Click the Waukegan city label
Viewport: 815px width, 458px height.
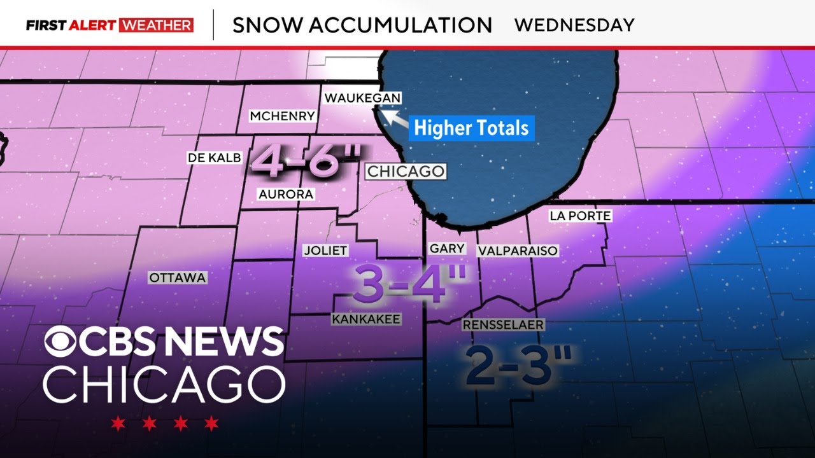[x=362, y=98]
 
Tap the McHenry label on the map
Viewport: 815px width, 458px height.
[x=282, y=116]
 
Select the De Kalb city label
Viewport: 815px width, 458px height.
[x=215, y=158]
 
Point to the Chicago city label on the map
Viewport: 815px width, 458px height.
[x=405, y=171]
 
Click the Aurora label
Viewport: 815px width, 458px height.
[x=286, y=195]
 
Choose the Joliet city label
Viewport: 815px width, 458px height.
[x=325, y=250]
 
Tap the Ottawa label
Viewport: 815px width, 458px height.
[x=178, y=277]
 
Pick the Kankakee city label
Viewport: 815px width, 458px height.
[x=366, y=319]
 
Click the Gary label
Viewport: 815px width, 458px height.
[x=448, y=249]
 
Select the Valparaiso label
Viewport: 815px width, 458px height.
[x=518, y=251]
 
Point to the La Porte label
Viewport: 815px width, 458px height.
[x=580, y=216]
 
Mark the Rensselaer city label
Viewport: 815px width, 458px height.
[x=503, y=325]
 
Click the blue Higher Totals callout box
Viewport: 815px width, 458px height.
[x=471, y=128]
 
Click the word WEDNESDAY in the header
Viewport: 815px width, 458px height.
[x=574, y=25]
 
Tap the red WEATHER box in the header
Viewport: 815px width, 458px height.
[x=155, y=25]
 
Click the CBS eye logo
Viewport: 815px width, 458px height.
[x=62, y=342]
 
